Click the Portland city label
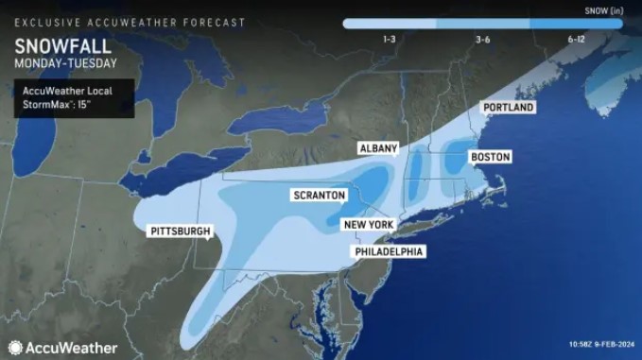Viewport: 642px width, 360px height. click(x=509, y=108)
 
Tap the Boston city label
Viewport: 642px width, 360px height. click(x=491, y=157)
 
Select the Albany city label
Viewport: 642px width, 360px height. click(x=378, y=149)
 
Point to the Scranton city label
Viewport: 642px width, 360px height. click(x=319, y=196)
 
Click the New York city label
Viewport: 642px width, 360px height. click(x=368, y=224)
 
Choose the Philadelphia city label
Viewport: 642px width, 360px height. click(x=389, y=252)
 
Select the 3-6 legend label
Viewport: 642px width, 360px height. click(x=482, y=39)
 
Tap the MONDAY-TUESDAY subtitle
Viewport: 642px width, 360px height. click(x=66, y=63)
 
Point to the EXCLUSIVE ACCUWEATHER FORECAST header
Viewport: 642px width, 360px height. click(x=129, y=22)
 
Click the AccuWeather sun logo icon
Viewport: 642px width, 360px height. click(x=15, y=347)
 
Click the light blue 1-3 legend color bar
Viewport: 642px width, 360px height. click(x=390, y=23)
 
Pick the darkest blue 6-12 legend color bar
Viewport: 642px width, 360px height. click(x=577, y=23)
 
